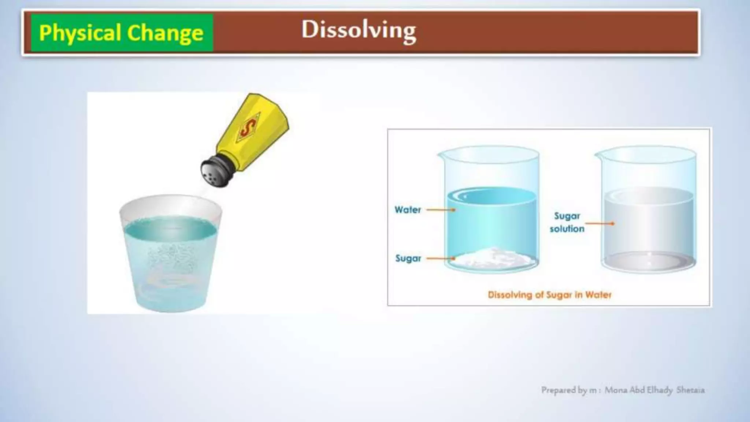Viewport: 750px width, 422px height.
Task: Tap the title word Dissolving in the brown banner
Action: pos(359,30)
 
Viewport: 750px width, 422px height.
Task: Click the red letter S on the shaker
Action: pos(248,129)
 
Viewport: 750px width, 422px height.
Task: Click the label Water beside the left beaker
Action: pos(408,210)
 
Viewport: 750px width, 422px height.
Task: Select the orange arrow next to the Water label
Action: pos(441,210)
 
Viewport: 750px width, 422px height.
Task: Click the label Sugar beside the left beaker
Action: pos(408,259)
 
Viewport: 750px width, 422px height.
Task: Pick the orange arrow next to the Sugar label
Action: pos(441,259)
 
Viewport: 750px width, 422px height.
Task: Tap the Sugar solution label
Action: pos(567,222)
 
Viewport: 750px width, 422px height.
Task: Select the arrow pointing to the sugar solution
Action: pos(600,223)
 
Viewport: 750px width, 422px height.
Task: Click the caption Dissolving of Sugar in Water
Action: pos(549,295)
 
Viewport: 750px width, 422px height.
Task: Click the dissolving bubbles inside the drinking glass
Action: pos(170,256)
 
